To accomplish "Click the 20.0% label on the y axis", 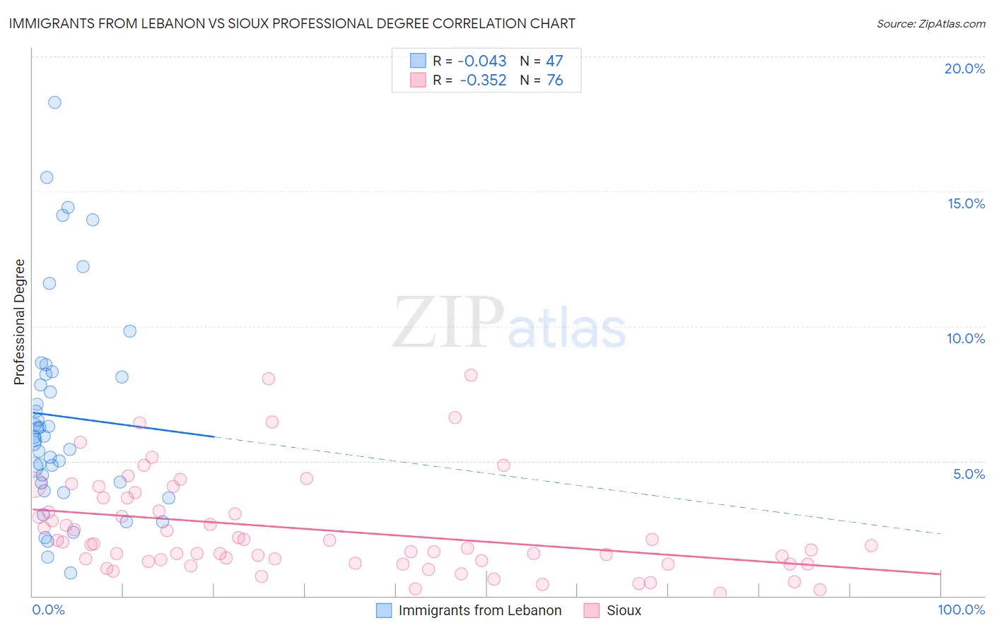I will coord(964,69).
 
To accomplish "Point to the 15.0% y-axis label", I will coord(966,203).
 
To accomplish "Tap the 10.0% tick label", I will coord(966,338).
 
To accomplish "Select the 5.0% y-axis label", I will coord(969,474).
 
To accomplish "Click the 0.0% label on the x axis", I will coord(48,610).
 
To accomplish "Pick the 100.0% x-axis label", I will coord(961,610).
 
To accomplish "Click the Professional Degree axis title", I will coord(19,322).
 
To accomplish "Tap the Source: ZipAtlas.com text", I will coord(930,23).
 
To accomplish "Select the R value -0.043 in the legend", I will coord(482,61).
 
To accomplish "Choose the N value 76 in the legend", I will coord(555,81).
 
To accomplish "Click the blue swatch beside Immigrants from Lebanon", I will coord(384,610).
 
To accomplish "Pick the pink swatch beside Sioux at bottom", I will coord(592,610).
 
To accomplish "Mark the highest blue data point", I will coord(54,102).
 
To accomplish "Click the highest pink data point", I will coord(471,375).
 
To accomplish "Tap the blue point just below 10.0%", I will coord(129,331).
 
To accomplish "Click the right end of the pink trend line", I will coord(940,573).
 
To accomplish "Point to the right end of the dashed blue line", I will coord(942,533).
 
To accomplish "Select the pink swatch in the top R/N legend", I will coord(418,81).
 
